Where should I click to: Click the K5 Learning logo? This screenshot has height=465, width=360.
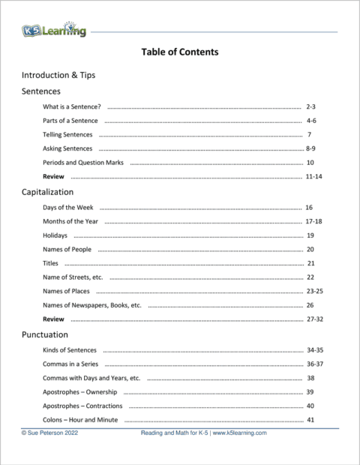(x=53, y=31)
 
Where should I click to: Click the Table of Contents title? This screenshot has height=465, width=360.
(x=180, y=52)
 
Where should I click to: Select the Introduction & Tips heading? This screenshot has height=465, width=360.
(x=58, y=75)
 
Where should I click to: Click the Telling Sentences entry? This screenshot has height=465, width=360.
(x=67, y=135)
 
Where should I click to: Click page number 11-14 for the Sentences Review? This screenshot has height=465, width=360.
(x=314, y=176)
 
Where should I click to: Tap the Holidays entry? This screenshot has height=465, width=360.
(x=55, y=235)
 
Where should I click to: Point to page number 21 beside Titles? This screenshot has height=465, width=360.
(x=310, y=263)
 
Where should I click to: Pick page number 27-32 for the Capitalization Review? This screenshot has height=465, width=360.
(x=314, y=319)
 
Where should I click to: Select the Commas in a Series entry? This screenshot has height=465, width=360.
(x=72, y=363)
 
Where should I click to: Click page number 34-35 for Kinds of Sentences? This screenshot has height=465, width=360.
(x=314, y=349)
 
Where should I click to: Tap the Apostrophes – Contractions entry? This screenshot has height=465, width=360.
(x=82, y=406)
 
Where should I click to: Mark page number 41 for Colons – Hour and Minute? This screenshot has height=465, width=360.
(x=310, y=420)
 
